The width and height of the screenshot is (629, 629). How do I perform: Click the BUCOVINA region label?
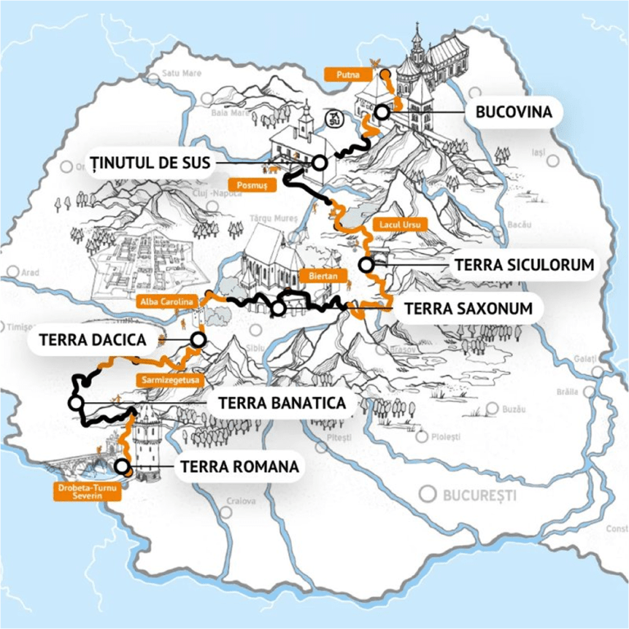pyautogui.click(x=514, y=111)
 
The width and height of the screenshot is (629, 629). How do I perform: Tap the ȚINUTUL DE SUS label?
pyautogui.click(x=153, y=161)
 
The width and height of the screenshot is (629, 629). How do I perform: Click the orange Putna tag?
pyautogui.click(x=342, y=75)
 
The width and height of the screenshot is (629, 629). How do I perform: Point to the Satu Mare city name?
pyautogui.click(x=181, y=72)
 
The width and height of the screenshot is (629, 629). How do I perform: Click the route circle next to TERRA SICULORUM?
pyautogui.click(x=365, y=265)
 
